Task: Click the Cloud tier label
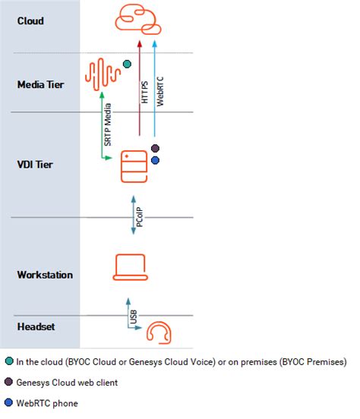pyautogui.click(x=30, y=21)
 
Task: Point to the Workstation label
pyautogui.click(x=45, y=274)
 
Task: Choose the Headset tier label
pyautogui.click(x=36, y=326)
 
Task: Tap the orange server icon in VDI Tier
pyautogui.click(x=134, y=166)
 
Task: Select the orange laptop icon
pyautogui.click(x=133, y=268)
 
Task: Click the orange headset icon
pyautogui.click(x=158, y=333)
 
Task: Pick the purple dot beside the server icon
pyautogui.click(x=155, y=148)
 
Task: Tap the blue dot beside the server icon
pyautogui.click(x=155, y=161)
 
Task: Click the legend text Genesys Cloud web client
pyautogui.click(x=66, y=382)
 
